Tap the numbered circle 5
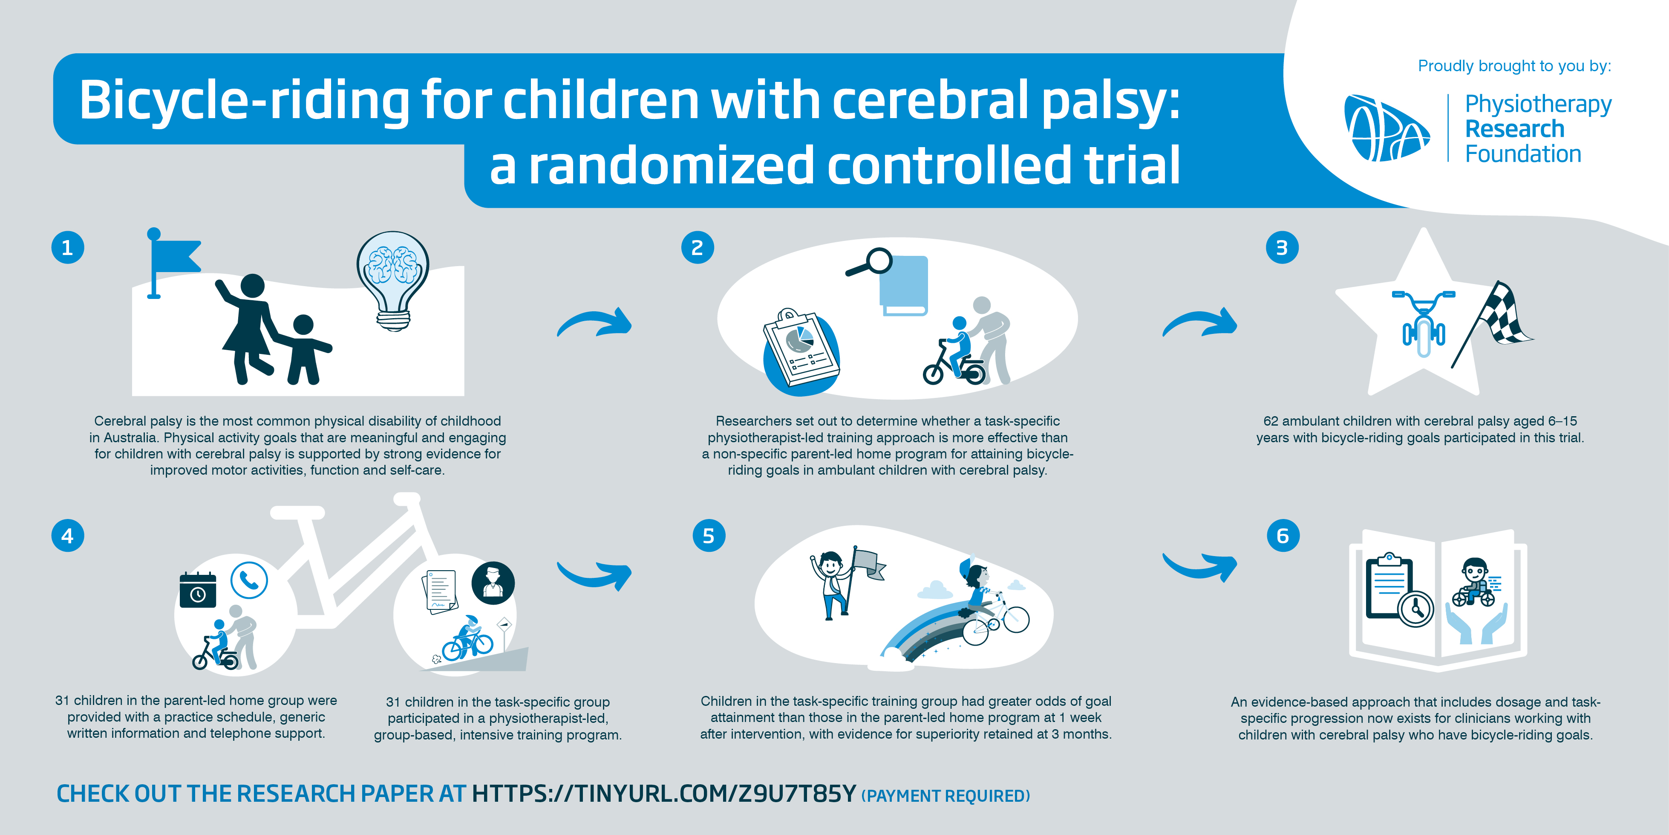pos(709,536)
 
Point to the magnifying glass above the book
pos(870,263)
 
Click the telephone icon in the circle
pos(249,580)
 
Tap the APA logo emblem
pos(1387,128)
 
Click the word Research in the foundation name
pos(1515,129)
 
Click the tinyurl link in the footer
pos(664,794)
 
